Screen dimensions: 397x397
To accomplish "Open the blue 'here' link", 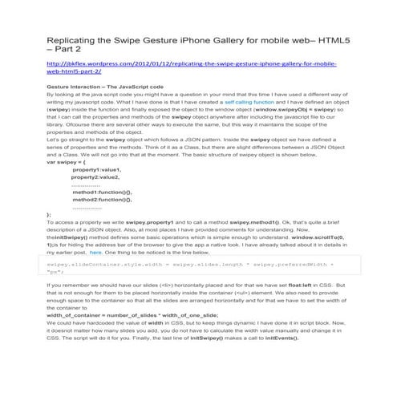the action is click(x=119, y=274).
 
